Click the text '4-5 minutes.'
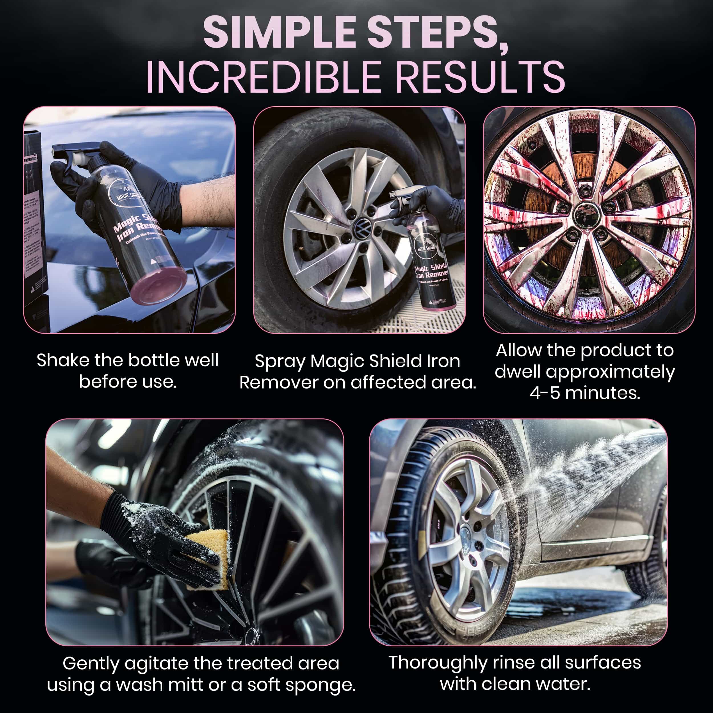tap(585, 393)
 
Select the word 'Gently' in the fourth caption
tap(90, 663)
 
